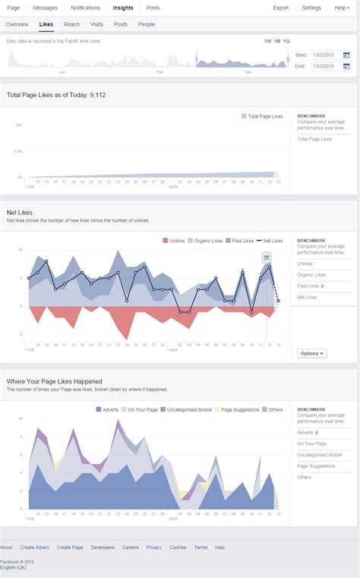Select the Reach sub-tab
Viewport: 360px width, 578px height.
[71, 24]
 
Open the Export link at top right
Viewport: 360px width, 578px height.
[280, 8]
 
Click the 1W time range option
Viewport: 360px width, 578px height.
[267, 40]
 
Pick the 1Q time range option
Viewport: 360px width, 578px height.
[286, 40]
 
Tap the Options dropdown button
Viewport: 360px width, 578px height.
[311, 353]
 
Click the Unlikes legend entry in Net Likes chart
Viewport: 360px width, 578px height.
[176, 240]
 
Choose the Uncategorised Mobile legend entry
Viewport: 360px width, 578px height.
[190, 409]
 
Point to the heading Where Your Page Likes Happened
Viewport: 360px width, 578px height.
[54, 381]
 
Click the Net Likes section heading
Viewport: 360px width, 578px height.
[22, 213]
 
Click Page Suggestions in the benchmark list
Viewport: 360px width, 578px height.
[316, 466]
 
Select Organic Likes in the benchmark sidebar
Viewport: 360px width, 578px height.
[311, 274]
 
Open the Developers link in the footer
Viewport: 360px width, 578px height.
[103, 547]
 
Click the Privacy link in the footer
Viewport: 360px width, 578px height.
[153, 547]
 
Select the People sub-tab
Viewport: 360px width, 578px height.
[147, 24]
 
